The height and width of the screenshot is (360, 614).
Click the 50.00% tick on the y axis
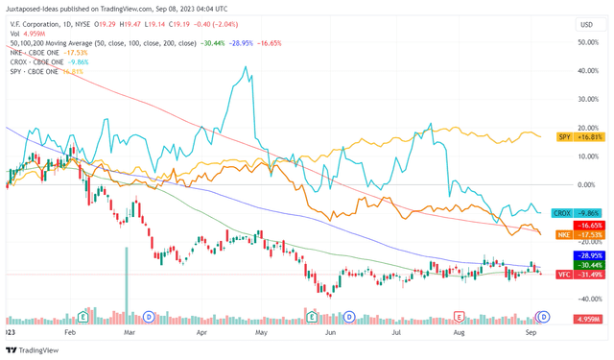coord(584,42)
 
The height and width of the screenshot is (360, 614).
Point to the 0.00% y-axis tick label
coord(584,184)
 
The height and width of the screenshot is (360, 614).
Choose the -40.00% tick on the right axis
coord(584,299)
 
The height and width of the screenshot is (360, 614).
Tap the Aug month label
coord(458,329)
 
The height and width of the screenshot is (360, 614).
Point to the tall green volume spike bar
coord(126,283)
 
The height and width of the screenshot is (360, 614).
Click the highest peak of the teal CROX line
coord(248,68)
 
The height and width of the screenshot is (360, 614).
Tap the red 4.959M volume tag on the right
coord(587,319)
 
